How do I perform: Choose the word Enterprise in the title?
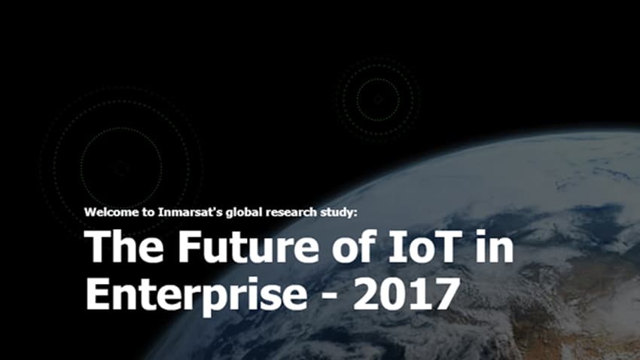pyautogui.click(x=196, y=294)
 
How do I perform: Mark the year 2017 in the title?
pyautogui.click(x=406, y=294)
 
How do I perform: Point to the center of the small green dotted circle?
pyautogui.click(x=378, y=99)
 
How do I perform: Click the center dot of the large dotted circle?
pyautogui.click(x=121, y=167)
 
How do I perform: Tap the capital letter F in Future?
pyautogui.click(x=190, y=246)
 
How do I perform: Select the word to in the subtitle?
pyautogui.click(x=148, y=212)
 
